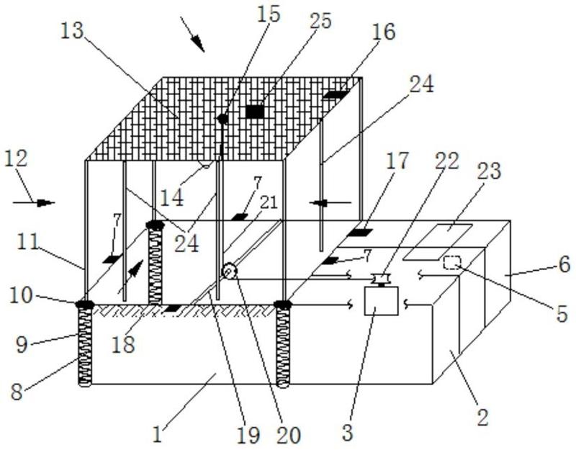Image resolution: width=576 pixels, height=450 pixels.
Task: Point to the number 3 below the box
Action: [x=348, y=432]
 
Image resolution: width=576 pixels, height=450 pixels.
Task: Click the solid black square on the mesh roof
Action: [x=254, y=112]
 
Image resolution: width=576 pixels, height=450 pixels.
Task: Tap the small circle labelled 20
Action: [x=230, y=271]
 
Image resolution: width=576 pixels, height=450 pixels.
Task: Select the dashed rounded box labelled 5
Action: [x=451, y=262]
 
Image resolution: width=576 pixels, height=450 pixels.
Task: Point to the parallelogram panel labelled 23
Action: [x=438, y=241]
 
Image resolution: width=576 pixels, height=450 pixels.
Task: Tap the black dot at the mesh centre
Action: [x=222, y=119]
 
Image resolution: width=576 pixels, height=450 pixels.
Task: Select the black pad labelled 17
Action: [x=358, y=232]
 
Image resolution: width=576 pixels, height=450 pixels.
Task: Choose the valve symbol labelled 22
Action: [x=379, y=278]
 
